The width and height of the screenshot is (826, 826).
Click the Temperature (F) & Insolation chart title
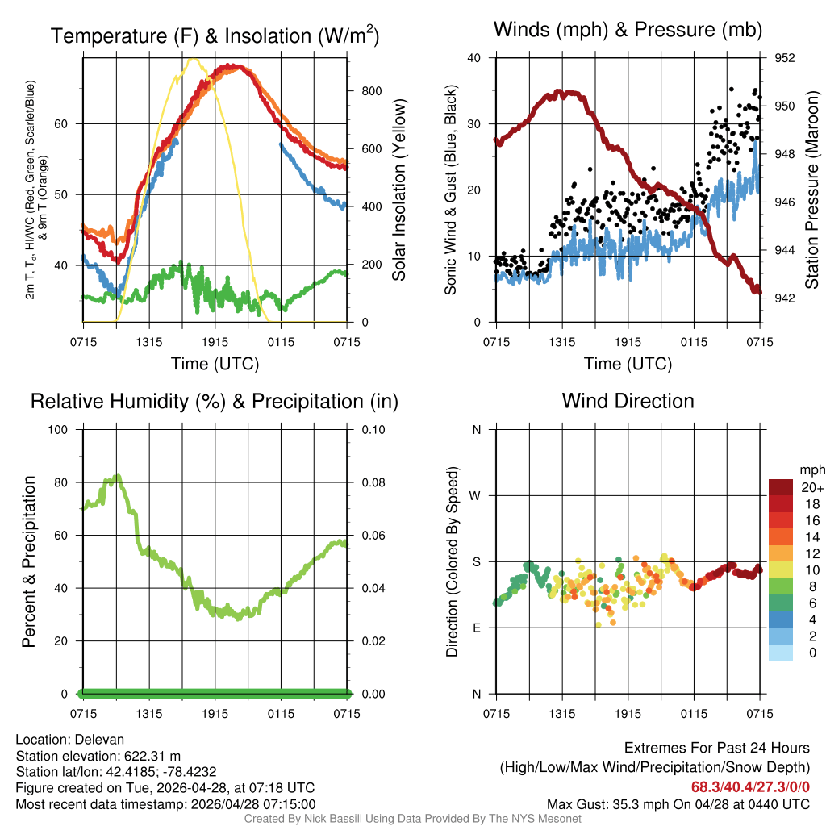215,35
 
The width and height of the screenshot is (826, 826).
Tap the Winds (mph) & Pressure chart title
628,31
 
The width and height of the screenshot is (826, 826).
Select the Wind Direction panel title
628,401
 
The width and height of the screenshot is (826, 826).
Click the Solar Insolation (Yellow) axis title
398,190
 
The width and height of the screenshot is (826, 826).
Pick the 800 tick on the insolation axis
371,90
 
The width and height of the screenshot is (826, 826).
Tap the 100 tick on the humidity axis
61,429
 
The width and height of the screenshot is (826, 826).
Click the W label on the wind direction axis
477,495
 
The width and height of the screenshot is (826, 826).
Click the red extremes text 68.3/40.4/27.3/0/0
749,786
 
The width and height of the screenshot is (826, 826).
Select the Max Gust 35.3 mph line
678,803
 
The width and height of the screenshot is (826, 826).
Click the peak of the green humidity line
118,477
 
